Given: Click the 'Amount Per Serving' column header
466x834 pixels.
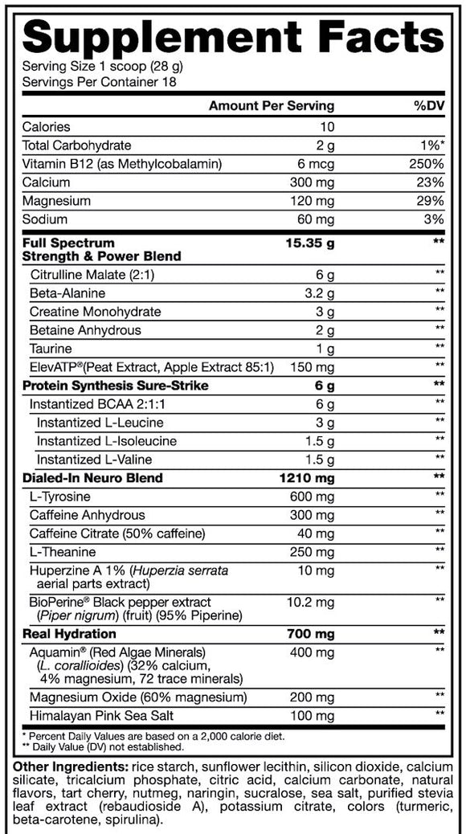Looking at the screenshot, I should pyautogui.click(x=271, y=106).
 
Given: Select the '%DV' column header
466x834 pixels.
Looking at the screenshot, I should pyautogui.click(x=427, y=106).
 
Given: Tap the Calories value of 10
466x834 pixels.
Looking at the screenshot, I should pyautogui.click(x=327, y=127).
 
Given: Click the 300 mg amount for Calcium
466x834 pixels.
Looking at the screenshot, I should pyautogui.click(x=313, y=182).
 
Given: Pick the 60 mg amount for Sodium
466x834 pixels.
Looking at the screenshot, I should pyautogui.click(x=316, y=219).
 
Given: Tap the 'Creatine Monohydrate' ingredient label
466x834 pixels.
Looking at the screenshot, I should pyautogui.click(x=96, y=312).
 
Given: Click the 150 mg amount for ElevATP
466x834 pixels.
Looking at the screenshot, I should pyautogui.click(x=313, y=367).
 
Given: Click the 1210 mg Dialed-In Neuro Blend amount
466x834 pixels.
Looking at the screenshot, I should pyautogui.click(x=308, y=478).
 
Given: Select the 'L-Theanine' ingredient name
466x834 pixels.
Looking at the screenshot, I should pyautogui.click(x=63, y=552).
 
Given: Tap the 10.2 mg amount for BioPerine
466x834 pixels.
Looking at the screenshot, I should pyautogui.click(x=310, y=602).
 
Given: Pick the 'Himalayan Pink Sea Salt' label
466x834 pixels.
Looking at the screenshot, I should pyautogui.click(x=100, y=715).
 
